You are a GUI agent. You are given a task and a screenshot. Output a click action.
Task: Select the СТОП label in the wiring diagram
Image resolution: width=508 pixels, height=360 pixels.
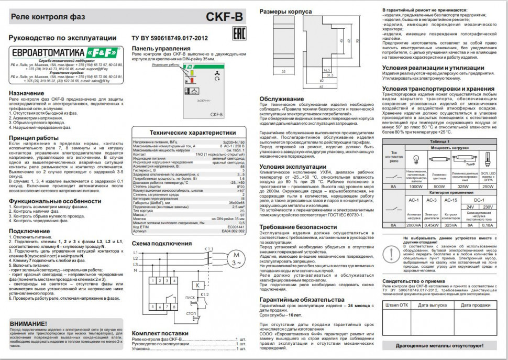192,313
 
